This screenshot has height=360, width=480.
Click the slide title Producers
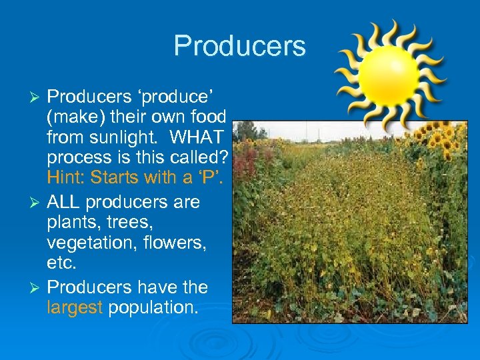[239, 46]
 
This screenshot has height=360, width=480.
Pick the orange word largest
[75, 307]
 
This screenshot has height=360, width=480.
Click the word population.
[153, 307]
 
